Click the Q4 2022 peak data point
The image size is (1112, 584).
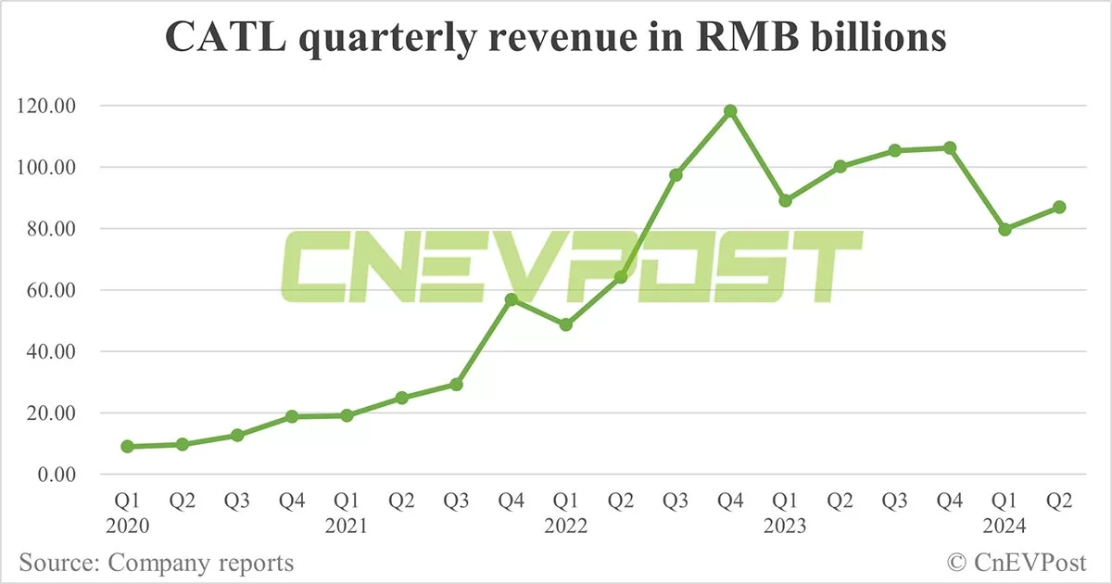coord(730,111)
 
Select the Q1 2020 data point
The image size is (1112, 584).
coord(127,446)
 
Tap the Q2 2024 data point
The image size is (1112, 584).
coord(1059,207)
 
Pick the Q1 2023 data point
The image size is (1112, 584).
coord(786,200)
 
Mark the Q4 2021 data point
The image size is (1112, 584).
coord(511,299)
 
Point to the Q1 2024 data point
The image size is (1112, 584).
coord(1005,229)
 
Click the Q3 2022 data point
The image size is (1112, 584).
coord(676,174)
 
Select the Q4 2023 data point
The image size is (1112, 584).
coord(950,147)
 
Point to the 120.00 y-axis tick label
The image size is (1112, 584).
coord(45,107)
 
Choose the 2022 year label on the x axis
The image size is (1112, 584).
coord(565,527)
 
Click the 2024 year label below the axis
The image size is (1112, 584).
coord(1005,527)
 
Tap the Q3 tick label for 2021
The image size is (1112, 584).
coord(456,501)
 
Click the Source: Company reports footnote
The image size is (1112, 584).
coord(156,563)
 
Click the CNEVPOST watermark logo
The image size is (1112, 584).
coord(572,266)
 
